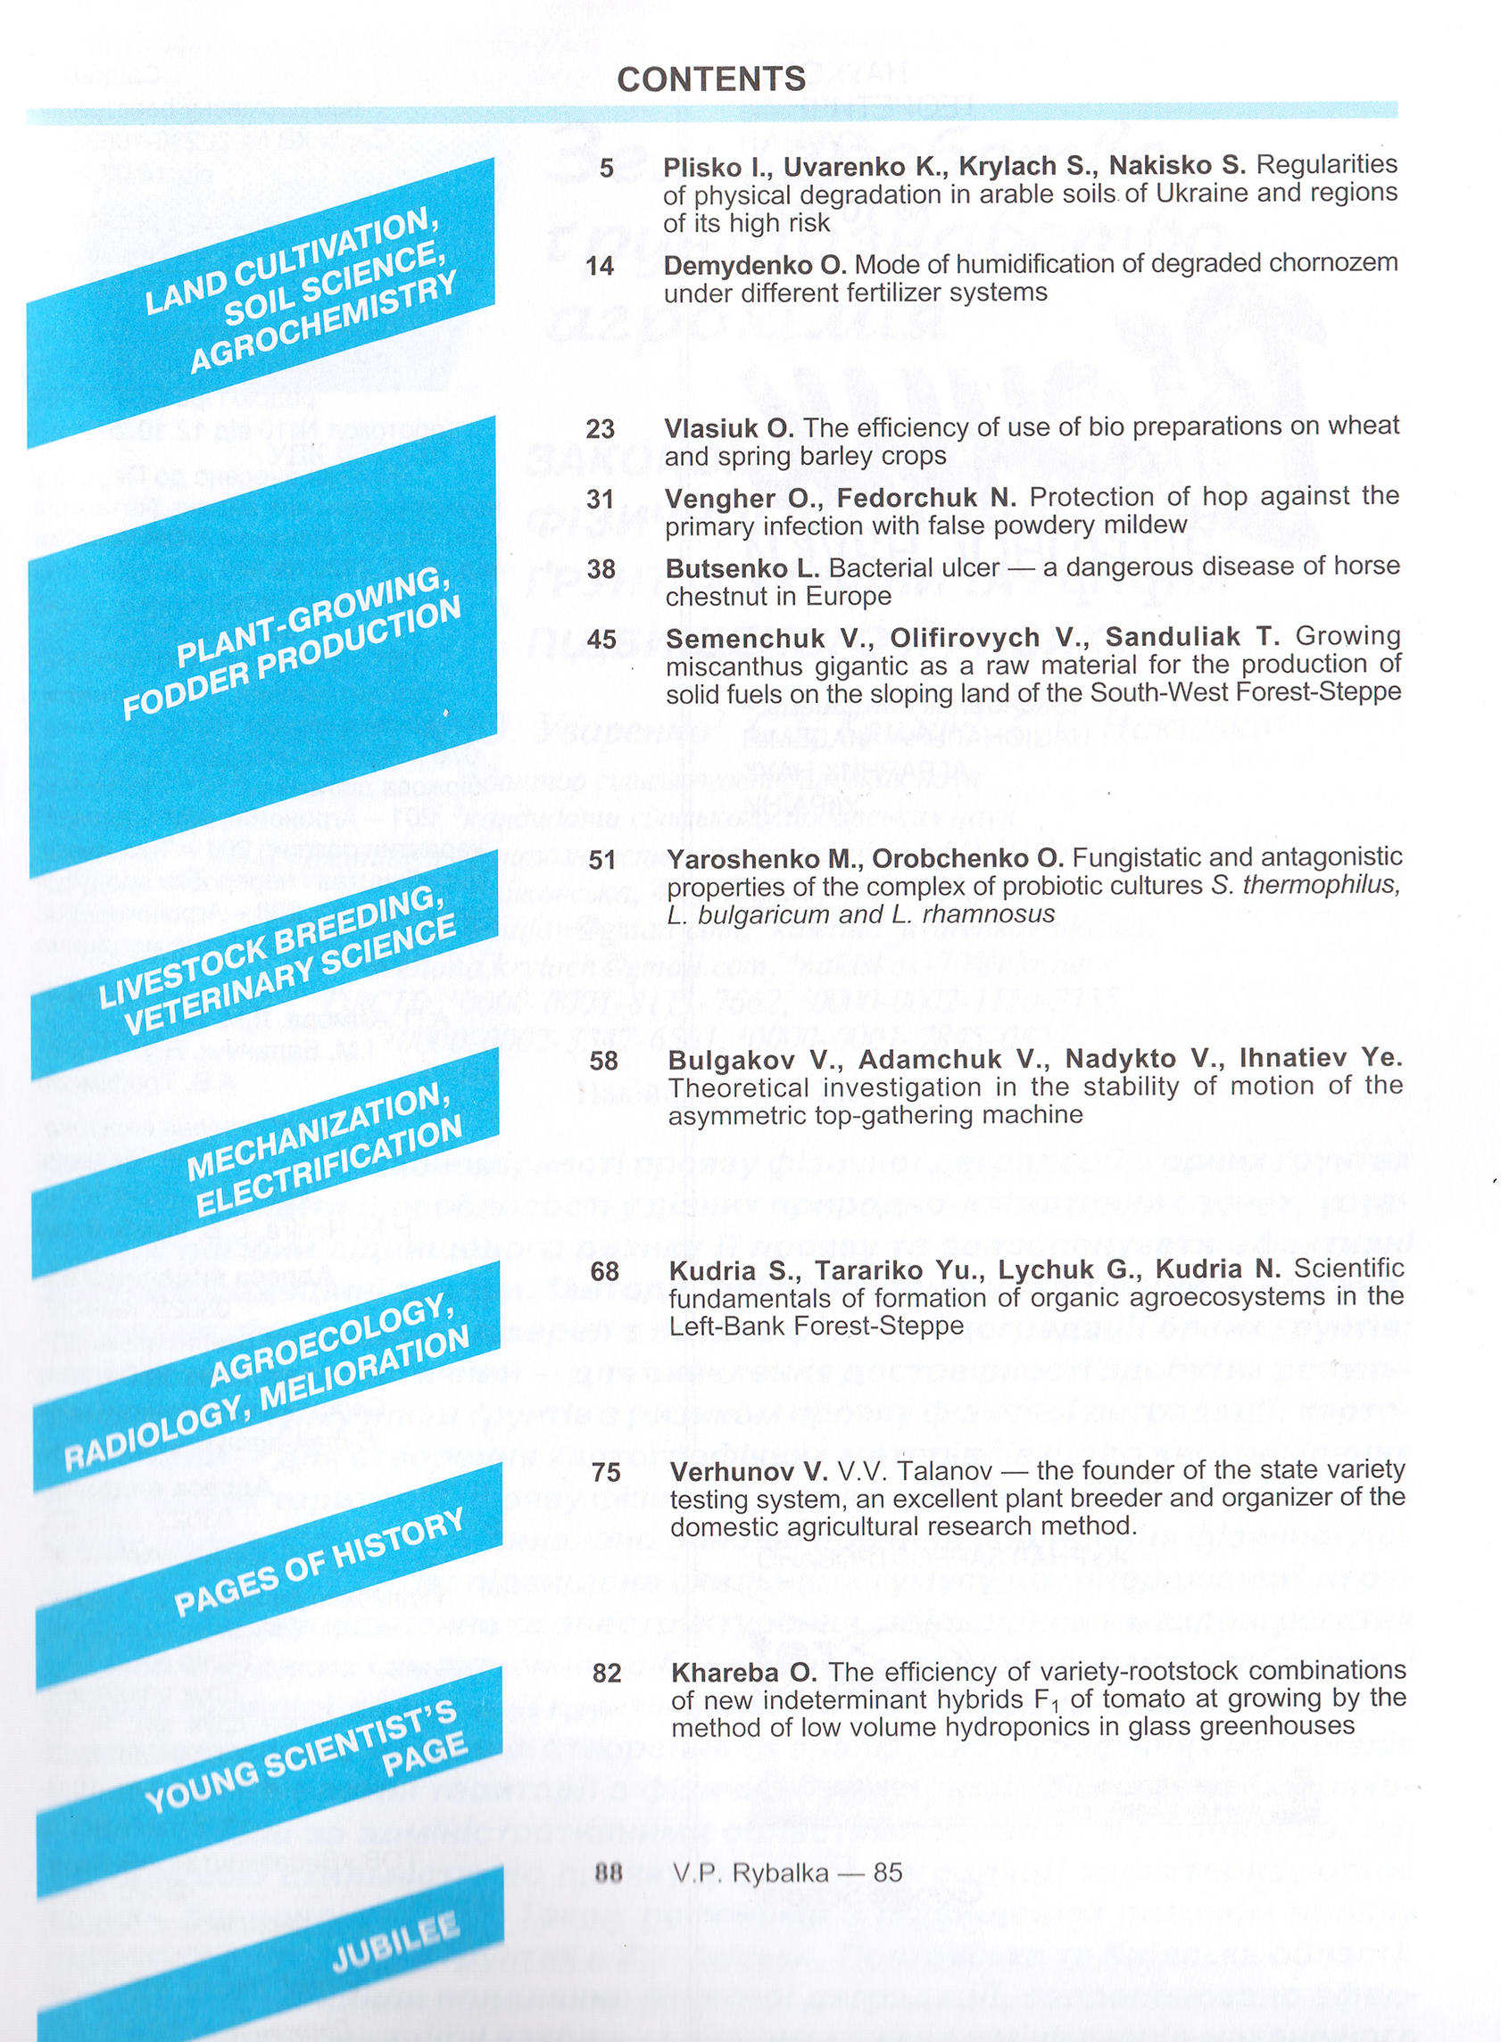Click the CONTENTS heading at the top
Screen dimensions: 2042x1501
point(710,79)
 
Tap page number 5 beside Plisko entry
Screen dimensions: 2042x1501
point(607,168)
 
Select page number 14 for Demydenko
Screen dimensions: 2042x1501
point(600,266)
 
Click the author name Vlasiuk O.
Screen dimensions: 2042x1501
point(729,428)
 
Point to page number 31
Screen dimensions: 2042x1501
point(601,499)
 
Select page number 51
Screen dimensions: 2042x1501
point(601,859)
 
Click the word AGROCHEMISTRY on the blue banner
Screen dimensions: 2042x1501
point(322,322)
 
